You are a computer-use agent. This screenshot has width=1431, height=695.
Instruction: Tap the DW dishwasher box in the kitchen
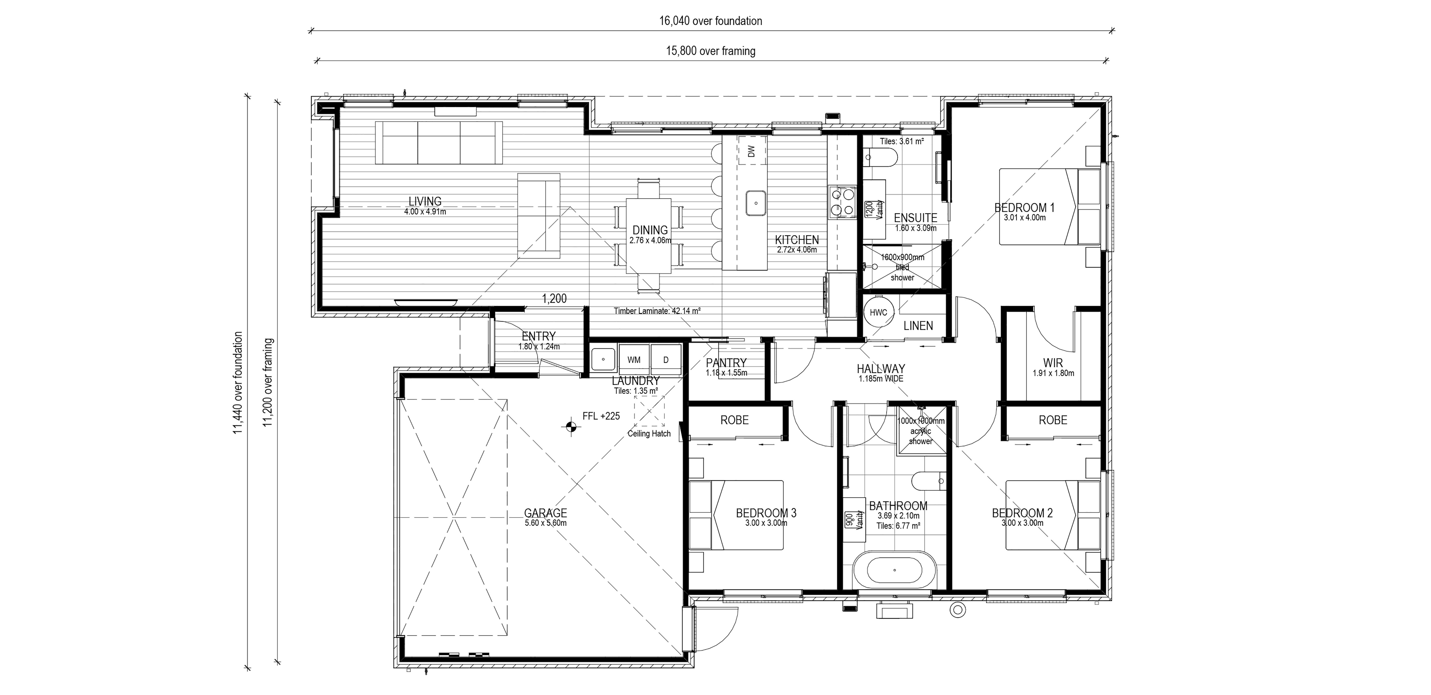coord(752,151)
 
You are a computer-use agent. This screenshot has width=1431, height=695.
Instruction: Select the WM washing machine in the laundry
coord(634,360)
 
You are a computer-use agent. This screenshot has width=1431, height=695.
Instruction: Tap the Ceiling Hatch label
coord(649,434)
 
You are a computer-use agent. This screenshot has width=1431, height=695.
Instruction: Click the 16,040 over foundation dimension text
coord(710,21)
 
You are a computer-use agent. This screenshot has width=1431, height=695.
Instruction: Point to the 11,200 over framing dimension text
coord(269,383)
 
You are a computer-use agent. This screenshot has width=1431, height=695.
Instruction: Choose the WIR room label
coord(1053,363)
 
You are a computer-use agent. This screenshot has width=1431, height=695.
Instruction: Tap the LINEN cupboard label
coord(918,326)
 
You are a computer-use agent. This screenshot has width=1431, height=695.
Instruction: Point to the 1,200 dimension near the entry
coord(554,299)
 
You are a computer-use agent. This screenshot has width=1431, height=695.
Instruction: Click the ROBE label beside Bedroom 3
coord(734,420)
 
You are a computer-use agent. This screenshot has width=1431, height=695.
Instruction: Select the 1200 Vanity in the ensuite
coord(875,210)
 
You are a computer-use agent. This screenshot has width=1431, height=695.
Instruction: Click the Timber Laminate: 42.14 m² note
coord(657,311)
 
